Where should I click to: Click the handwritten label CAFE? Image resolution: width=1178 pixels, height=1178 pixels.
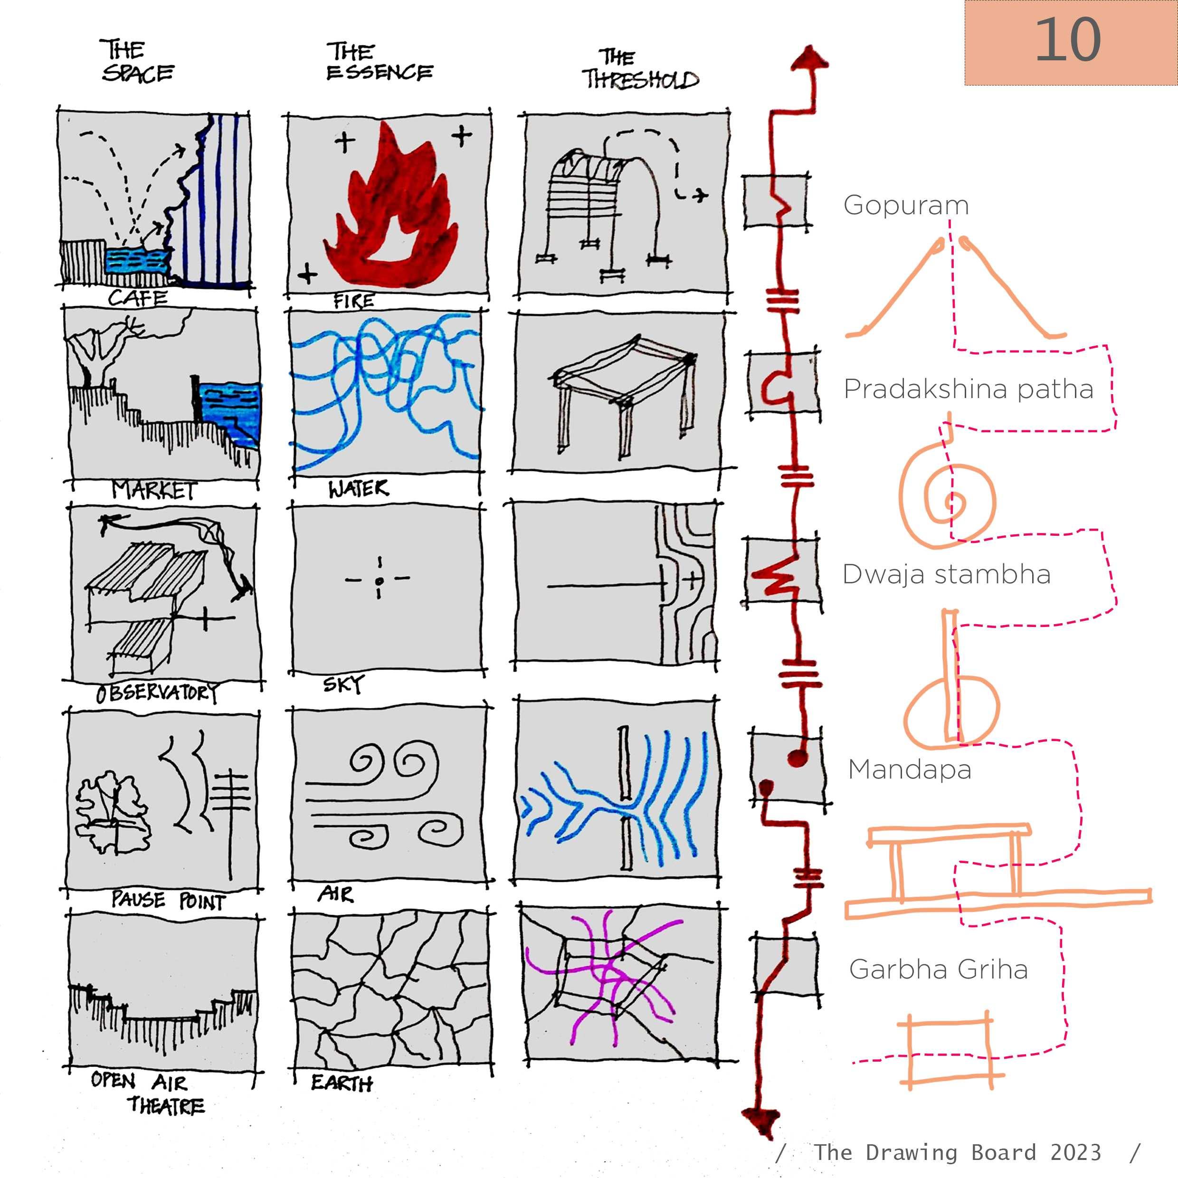(x=138, y=298)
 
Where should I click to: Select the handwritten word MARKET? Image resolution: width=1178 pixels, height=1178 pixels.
(x=154, y=490)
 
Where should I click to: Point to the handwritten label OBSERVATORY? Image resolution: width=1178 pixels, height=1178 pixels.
(x=157, y=693)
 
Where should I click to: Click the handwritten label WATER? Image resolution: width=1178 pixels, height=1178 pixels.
(x=358, y=488)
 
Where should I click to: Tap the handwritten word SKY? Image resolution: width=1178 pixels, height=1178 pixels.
(x=343, y=684)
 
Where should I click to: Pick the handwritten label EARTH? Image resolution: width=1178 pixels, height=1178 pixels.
(x=342, y=1083)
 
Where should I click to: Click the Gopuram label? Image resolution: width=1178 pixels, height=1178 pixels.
(x=906, y=206)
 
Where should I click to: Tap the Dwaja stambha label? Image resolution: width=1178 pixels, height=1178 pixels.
(x=946, y=574)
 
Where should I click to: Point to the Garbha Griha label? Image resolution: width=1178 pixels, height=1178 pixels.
(x=939, y=969)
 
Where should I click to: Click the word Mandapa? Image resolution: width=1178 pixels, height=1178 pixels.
(x=910, y=770)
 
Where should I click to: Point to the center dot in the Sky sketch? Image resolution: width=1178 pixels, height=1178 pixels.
(x=379, y=581)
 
